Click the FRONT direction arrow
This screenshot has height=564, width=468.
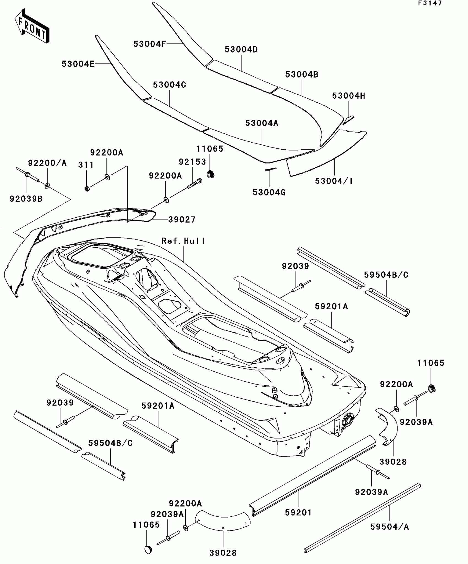[32, 26]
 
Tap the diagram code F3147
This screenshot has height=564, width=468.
[430, 3]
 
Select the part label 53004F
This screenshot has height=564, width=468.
[150, 44]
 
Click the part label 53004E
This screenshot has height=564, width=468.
[78, 64]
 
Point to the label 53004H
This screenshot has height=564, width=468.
[349, 96]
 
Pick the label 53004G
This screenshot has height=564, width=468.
[269, 193]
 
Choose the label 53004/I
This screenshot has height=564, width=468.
[334, 181]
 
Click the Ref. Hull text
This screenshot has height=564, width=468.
[183, 241]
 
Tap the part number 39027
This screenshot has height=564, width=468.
[182, 220]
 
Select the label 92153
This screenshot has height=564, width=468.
[192, 162]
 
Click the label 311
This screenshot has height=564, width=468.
[86, 165]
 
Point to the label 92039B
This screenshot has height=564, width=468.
[26, 199]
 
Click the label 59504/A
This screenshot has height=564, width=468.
[389, 527]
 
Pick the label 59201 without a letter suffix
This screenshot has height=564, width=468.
[298, 513]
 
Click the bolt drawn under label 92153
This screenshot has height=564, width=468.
[195, 183]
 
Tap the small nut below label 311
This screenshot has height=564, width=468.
[87, 189]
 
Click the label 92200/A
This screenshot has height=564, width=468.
[47, 163]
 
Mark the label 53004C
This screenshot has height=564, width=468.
[170, 85]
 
